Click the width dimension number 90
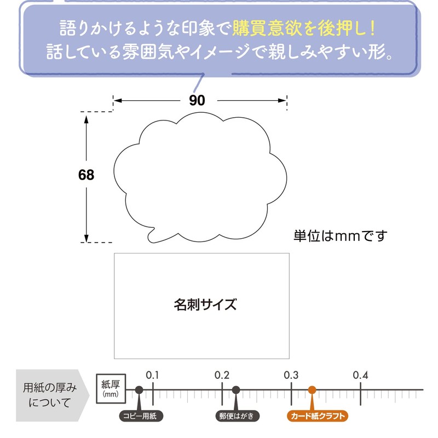(197, 100)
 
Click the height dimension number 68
(86, 175)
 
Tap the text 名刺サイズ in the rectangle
(205, 304)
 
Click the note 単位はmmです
(340, 236)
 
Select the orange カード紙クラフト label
(318, 416)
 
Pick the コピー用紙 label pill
(141, 416)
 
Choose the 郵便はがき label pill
(238, 416)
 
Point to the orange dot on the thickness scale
(312, 390)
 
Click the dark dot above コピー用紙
(139, 390)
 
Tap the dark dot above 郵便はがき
(236, 390)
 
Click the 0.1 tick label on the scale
(153, 375)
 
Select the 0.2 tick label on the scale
(222, 375)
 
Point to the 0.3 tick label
(291, 375)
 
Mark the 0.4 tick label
(360, 375)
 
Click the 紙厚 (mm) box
(111, 389)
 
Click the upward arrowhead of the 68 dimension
(87, 119)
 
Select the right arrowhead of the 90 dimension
(282, 101)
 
